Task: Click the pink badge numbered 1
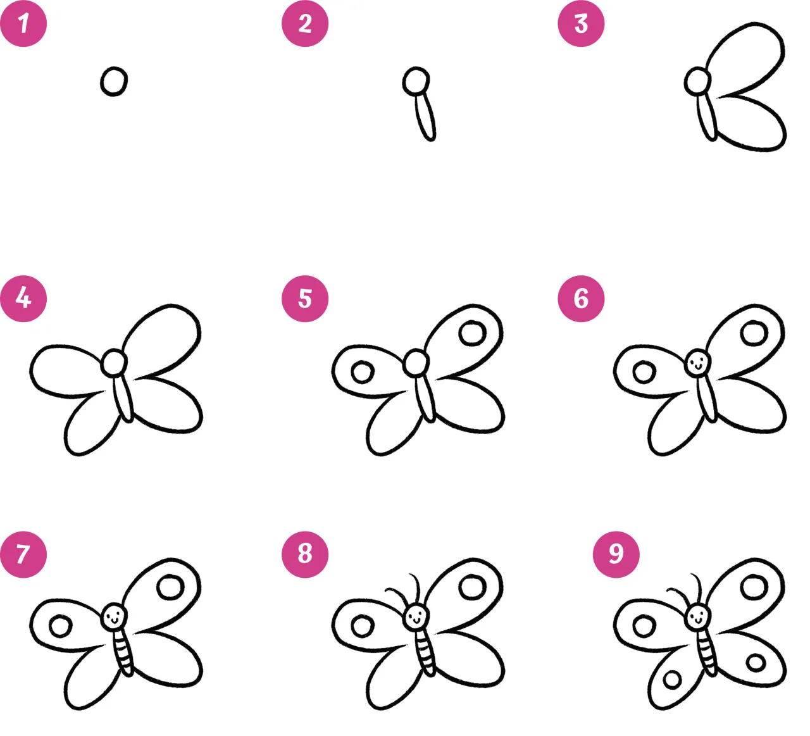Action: pyautogui.click(x=23, y=23)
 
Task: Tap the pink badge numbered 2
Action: pyautogui.click(x=305, y=23)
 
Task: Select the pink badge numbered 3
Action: pyautogui.click(x=581, y=23)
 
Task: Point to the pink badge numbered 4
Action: pyautogui.click(x=23, y=299)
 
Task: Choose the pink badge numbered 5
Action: pyautogui.click(x=305, y=299)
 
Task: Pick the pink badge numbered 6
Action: pyautogui.click(x=581, y=299)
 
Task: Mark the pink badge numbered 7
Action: pyautogui.click(x=23, y=554)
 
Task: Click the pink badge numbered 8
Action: pyautogui.click(x=305, y=554)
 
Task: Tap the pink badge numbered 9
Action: pyautogui.click(x=616, y=554)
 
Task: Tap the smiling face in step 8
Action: pyautogui.click(x=416, y=618)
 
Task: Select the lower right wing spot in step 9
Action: pyautogui.click(x=756, y=663)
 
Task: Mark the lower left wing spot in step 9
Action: pyautogui.click(x=672, y=680)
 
